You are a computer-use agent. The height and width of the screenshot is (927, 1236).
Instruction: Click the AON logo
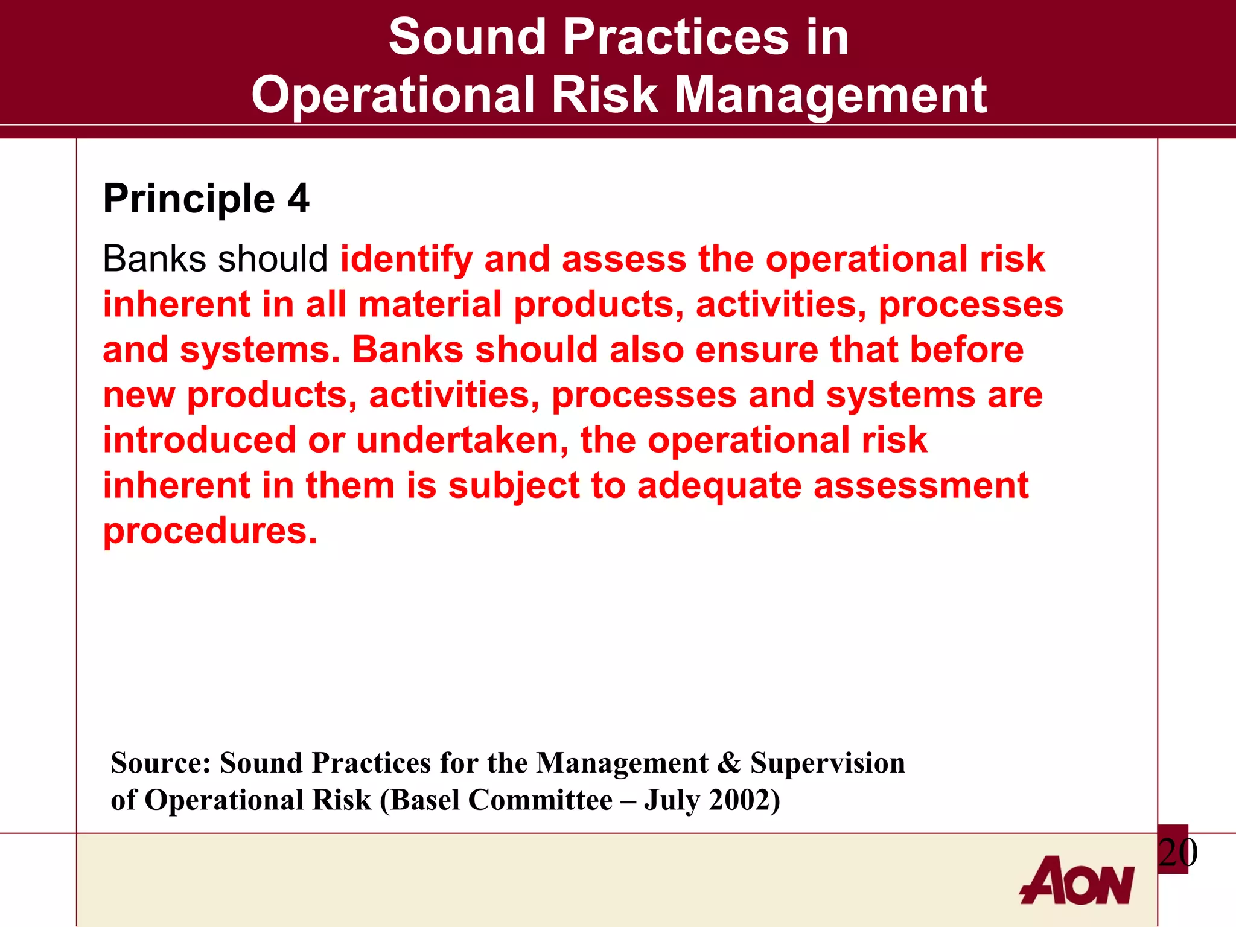(x=1077, y=881)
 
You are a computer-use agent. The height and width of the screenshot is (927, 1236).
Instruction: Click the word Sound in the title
(x=467, y=37)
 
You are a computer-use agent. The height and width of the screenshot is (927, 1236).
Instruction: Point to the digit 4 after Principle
(x=298, y=199)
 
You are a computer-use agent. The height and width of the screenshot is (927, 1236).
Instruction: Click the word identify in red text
(x=406, y=260)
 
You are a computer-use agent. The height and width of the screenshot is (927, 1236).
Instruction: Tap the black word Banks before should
(x=154, y=260)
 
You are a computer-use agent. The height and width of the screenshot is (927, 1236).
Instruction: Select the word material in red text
(x=430, y=304)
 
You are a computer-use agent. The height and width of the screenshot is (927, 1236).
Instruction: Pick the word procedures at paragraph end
(x=209, y=531)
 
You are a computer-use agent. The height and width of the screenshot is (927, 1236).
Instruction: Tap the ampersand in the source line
(x=729, y=763)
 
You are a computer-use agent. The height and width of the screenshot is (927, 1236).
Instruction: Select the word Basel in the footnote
(x=425, y=800)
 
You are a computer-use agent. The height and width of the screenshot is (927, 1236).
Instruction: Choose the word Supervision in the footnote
(x=827, y=763)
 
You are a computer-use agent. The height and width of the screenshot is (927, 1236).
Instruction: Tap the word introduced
(x=199, y=440)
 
